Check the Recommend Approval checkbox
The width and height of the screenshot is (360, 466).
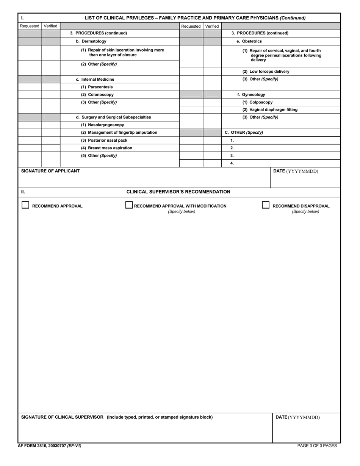point(25,205)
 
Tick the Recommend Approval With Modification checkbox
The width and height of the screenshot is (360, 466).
point(129,205)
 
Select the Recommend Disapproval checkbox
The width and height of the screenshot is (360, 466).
point(266,205)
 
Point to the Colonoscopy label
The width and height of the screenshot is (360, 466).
point(97,95)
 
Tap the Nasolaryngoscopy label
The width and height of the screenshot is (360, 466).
point(102,125)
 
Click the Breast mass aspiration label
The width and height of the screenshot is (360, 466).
point(106,148)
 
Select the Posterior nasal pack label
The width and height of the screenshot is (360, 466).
point(104,140)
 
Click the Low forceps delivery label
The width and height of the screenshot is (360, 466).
point(266,72)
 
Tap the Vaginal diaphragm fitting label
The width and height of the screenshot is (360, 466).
point(270,110)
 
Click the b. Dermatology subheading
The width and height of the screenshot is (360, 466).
point(91,41)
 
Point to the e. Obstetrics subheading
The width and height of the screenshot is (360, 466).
point(249,41)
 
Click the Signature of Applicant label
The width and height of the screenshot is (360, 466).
point(50,171)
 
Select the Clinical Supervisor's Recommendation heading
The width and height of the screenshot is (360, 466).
point(178,192)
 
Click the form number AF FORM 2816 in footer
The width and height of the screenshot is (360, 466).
point(49,446)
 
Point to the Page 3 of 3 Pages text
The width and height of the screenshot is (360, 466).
point(317,446)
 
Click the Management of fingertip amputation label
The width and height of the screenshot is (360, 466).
point(119,133)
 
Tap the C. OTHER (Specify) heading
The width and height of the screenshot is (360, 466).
point(244,133)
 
